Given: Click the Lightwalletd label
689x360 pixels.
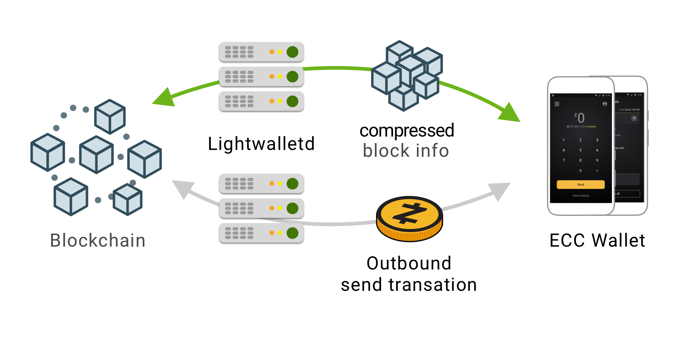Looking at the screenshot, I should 261,144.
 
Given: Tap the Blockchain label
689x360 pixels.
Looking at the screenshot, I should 97,240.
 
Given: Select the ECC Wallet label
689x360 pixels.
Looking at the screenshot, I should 597,240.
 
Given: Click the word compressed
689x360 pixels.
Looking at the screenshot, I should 406,130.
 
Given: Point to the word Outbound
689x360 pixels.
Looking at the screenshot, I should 409,263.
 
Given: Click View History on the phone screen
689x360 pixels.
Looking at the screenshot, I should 581,196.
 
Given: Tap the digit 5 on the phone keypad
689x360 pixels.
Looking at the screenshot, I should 580,150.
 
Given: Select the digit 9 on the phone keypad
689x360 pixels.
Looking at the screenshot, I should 597,160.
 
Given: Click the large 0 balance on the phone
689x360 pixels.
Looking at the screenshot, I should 581,118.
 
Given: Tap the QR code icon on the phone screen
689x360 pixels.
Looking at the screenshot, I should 557,104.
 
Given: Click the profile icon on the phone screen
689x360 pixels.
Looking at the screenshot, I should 605,104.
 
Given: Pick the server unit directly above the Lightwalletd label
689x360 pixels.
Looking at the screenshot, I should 261,101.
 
